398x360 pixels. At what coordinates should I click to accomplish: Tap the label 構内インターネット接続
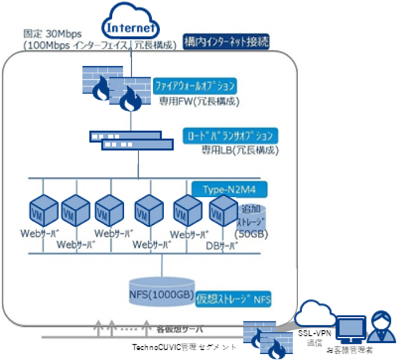tap(226, 42)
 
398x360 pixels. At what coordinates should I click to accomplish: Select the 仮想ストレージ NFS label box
tap(233, 299)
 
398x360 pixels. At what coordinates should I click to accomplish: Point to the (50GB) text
tap(251, 234)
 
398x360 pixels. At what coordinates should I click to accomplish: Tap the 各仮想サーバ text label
tap(180, 329)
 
